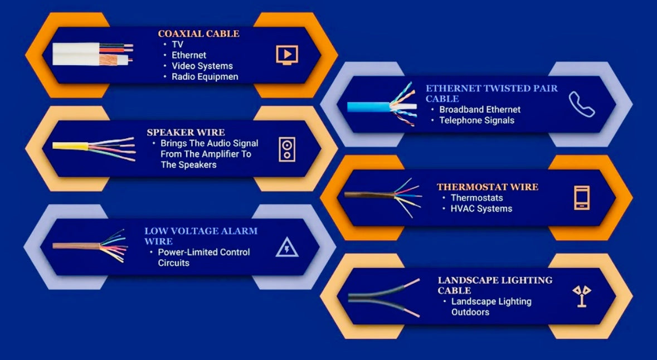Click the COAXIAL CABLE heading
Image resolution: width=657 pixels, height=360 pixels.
click(x=198, y=33)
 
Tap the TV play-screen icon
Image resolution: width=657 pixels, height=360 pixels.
click(x=287, y=55)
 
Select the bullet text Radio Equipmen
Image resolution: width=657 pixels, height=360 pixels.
click(x=205, y=77)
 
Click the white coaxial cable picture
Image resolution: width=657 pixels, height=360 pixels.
click(x=93, y=53)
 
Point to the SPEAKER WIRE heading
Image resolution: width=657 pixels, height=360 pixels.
click(x=186, y=133)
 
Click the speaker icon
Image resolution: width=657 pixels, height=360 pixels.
click(x=287, y=149)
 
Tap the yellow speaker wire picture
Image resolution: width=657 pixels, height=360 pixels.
click(x=94, y=149)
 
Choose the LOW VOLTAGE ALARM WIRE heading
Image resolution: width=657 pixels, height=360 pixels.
click(x=201, y=236)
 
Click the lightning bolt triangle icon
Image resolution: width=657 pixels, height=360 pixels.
click(x=287, y=247)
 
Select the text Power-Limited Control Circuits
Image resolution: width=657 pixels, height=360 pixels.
click(x=203, y=258)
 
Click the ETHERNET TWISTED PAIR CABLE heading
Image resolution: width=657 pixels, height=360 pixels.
click(x=491, y=94)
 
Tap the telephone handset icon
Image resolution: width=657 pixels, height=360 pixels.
click(x=582, y=104)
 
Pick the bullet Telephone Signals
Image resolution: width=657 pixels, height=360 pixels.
click(x=476, y=121)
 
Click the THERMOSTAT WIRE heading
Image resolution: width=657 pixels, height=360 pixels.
click(x=487, y=187)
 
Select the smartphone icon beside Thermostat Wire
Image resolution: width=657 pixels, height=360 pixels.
click(x=582, y=198)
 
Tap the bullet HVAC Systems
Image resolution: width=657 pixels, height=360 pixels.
click(x=481, y=209)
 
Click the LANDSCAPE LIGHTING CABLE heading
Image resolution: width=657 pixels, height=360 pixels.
click(x=495, y=285)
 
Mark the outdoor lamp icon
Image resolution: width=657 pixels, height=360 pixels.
click(x=582, y=296)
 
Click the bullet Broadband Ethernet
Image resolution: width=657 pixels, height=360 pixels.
click(x=480, y=110)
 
